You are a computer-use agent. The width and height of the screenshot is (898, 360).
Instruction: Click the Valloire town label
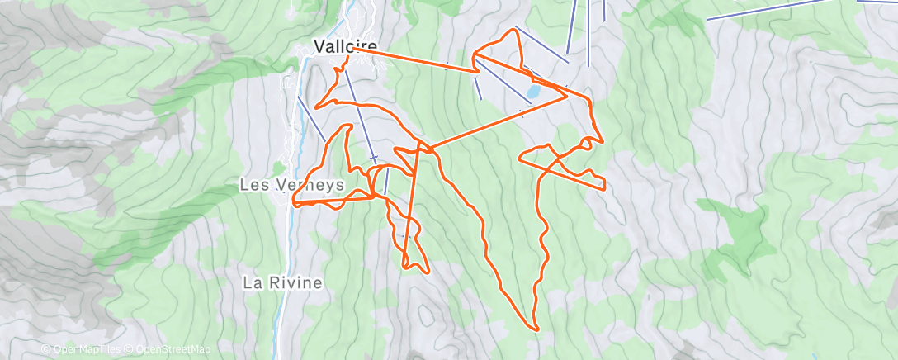coord(345,47)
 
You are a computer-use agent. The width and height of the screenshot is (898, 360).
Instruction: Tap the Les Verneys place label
coord(291,185)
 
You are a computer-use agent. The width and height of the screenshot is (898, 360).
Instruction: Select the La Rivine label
coord(281,282)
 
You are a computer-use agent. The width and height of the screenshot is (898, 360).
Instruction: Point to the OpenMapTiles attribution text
coord(85,349)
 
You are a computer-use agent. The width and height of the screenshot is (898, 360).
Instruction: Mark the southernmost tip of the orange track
coord(537,329)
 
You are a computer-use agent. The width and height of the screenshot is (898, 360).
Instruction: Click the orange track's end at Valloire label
coord(353,48)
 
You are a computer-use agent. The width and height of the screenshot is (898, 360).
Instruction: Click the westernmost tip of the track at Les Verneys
coord(292,201)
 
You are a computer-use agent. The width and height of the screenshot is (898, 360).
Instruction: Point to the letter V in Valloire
coord(319,47)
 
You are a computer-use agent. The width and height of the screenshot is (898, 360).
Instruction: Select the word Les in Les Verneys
coord(251,185)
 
